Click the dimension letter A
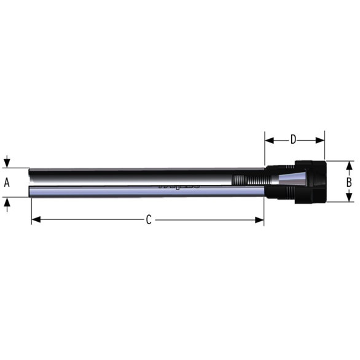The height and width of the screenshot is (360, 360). pos(7,182)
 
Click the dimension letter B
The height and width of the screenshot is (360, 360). pos(348,182)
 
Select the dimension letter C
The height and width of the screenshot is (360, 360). pos(148,220)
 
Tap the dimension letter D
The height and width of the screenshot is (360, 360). pos(293,139)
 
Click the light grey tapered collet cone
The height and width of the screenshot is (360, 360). pos(283,180)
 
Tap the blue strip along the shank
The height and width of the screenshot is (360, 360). pos(147,192)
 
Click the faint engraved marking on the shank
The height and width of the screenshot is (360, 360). pos(179,186)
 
